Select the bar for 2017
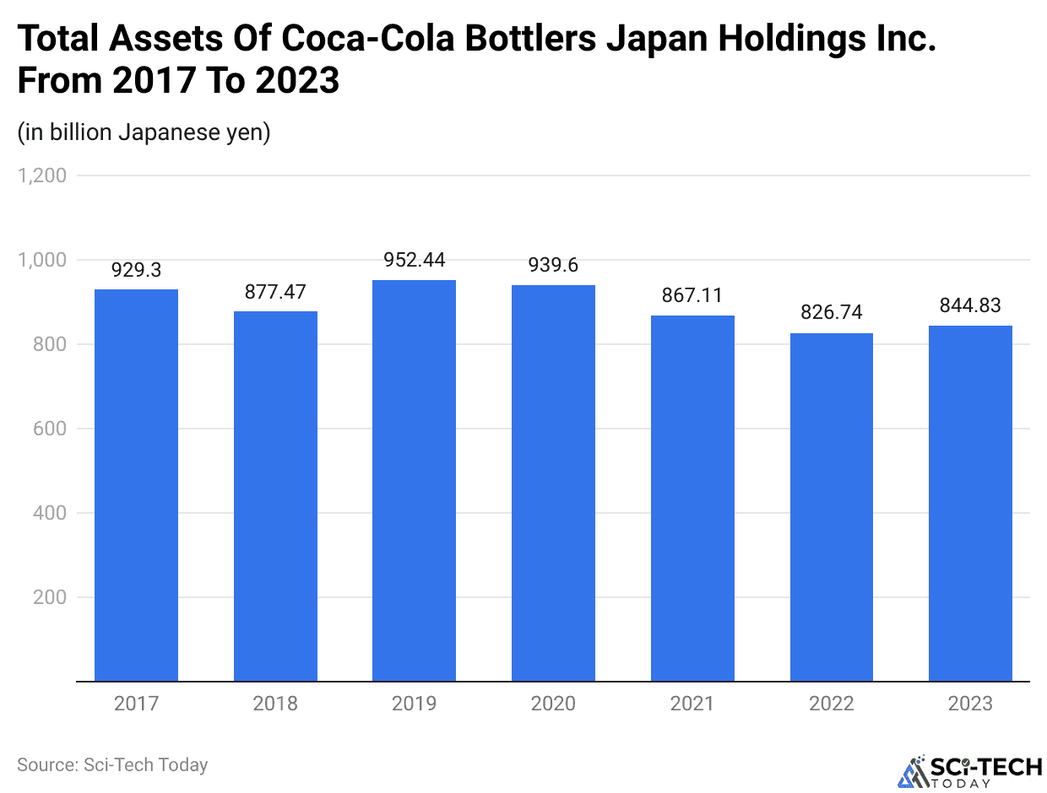(x=136, y=485)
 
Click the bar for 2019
(x=414, y=480)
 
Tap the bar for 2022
(x=832, y=507)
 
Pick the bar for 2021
(x=692, y=498)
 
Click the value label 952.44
(x=414, y=260)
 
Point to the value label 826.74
(x=832, y=313)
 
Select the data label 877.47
(x=275, y=292)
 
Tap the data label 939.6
(x=553, y=266)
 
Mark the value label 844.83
(x=970, y=305)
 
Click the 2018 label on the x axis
(x=275, y=704)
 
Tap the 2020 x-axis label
(x=553, y=704)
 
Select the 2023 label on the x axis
(x=970, y=704)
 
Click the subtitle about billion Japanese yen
(x=144, y=132)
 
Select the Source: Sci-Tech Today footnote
(x=112, y=765)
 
